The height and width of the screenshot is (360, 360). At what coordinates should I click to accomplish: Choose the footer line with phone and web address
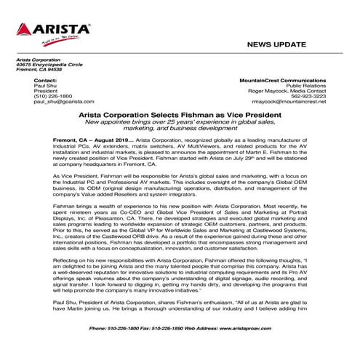[x=180, y=327]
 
